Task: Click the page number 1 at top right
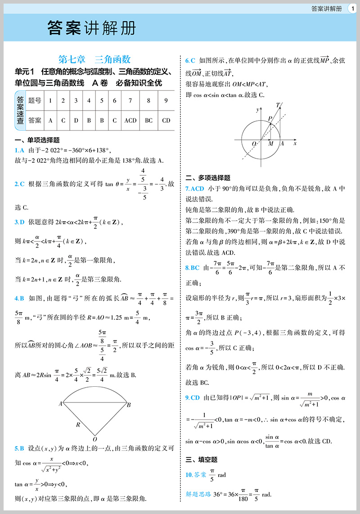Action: pyautogui.click(x=353, y=8)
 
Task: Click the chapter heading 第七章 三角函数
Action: pyautogui.click(x=94, y=59)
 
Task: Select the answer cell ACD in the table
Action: pyautogui.click(x=130, y=120)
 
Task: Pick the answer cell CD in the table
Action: pyautogui.click(x=166, y=120)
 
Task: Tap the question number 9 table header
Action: pyautogui.click(x=166, y=100)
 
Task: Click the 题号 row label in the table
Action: pyautogui.click(x=35, y=100)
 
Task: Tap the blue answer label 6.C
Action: pyautogui.click(x=190, y=60)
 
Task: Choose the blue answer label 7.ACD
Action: pyautogui.click(x=195, y=188)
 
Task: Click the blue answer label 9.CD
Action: pyautogui.click(x=193, y=398)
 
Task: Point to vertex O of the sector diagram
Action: pyautogui.click(x=94, y=438)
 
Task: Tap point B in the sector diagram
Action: pyautogui.click(x=129, y=405)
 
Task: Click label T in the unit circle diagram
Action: pyautogui.click(x=278, y=105)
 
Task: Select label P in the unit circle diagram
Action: pyautogui.click(x=270, y=118)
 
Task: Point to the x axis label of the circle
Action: pyautogui.click(x=295, y=143)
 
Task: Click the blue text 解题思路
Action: pyautogui.click(x=198, y=494)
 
